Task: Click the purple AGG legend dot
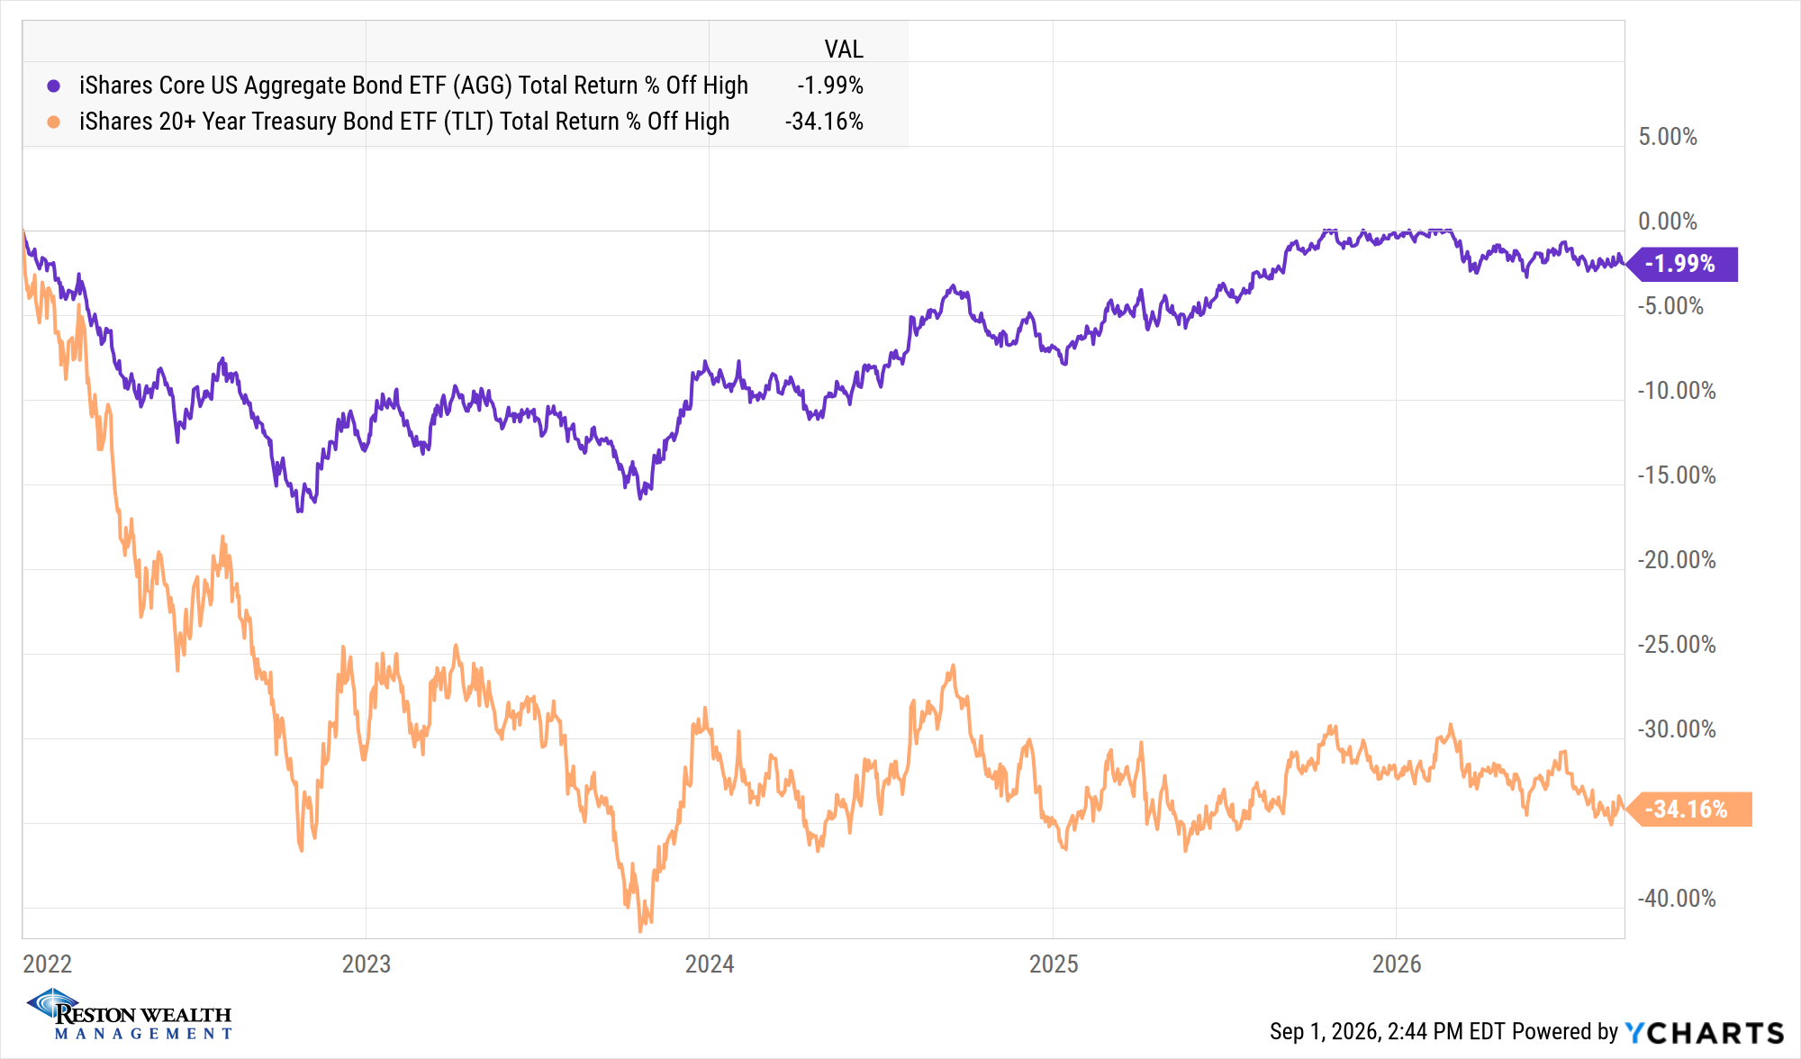click(x=54, y=86)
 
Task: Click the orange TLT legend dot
click(x=54, y=122)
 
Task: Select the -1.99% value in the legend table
click(x=829, y=86)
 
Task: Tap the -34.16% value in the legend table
click(x=824, y=122)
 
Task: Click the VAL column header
click(x=844, y=49)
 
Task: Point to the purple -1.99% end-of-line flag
click(x=1682, y=264)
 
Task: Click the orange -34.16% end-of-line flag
click(x=1688, y=809)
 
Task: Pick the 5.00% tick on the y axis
click(x=1668, y=137)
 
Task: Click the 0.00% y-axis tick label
click(x=1668, y=222)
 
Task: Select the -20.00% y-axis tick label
click(x=1677, y=560)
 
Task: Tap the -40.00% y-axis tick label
click(x=1677, y=899)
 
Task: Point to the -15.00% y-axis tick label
click(x=1677, y=475)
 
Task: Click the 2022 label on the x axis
click(x=47, y=964)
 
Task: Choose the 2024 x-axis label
click(x=710, y=964)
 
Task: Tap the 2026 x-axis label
click(x=1397, y=964)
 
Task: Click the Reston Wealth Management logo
click(x=130, y=1015)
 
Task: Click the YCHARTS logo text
click(x=1705, y=1032)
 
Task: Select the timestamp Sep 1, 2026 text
click(x=1323, y=1032)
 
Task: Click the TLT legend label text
click(x=404, y=122)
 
